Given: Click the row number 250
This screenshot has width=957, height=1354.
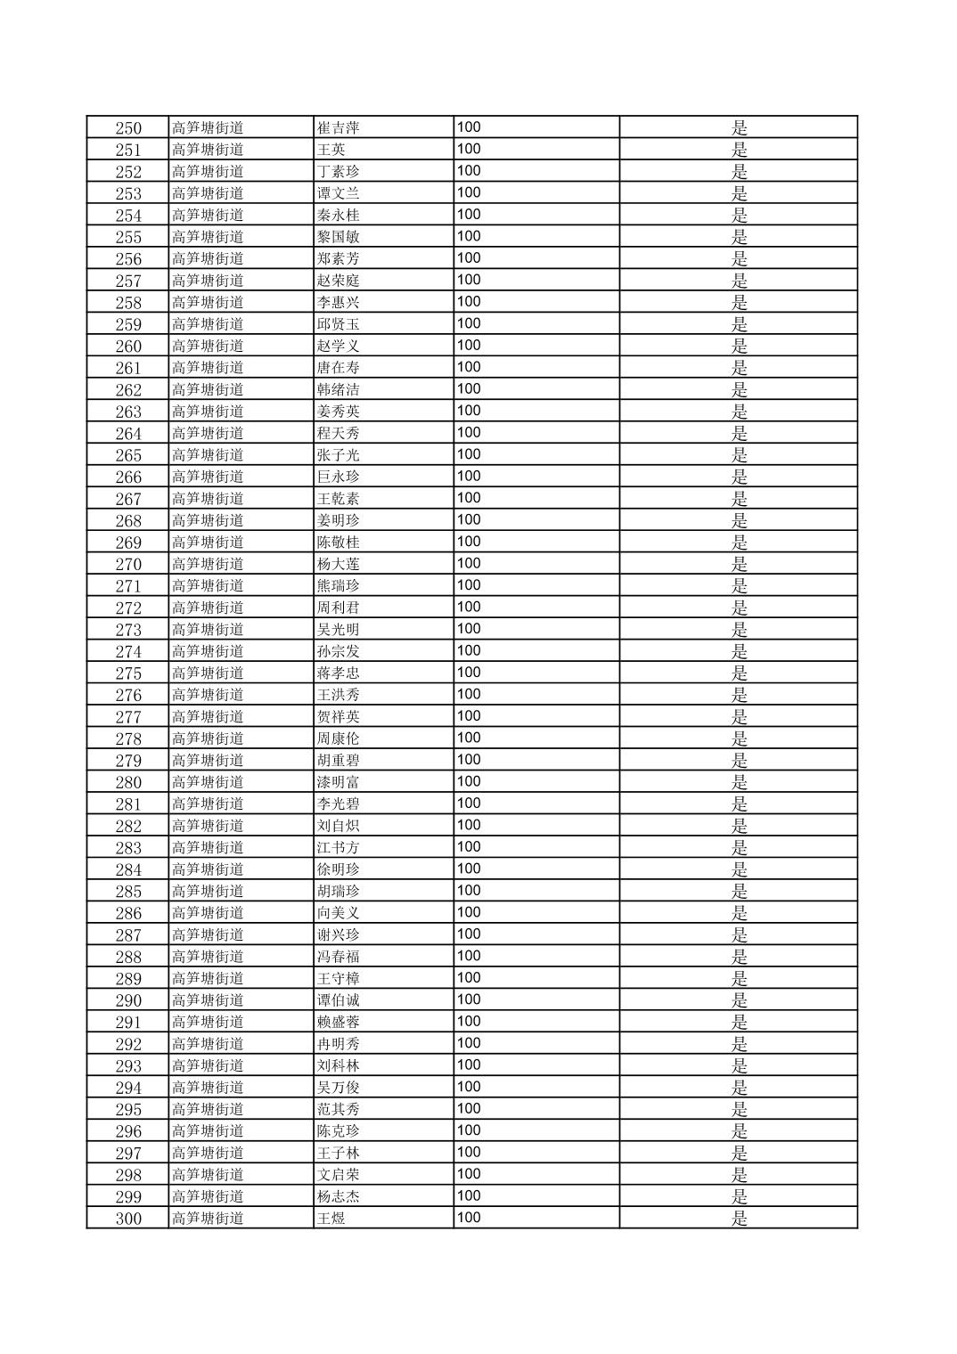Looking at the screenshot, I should tap(128, 127).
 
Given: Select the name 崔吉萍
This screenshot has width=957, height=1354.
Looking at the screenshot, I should tap(338, 127).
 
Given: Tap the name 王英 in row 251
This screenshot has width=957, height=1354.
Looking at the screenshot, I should tap(331, 150).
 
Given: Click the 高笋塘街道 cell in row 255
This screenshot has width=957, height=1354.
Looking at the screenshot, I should tap(208, 237).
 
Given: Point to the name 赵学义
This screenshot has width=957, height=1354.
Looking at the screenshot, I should tap(338, 346).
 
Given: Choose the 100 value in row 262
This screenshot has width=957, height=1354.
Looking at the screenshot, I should tap(469, 389).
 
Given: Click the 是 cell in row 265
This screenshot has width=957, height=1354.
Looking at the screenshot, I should tap(739, 455).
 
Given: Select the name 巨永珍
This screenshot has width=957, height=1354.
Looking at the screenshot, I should tap(338, 477).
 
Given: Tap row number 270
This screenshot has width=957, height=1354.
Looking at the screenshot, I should tap(128, 564).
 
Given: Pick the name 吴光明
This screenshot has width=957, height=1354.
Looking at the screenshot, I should tap(338, 630).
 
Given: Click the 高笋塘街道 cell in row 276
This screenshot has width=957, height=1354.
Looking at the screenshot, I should tap(208, 695).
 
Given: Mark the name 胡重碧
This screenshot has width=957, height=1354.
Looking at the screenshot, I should tap(338, 761).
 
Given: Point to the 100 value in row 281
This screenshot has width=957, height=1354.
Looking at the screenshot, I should tap(469, 803).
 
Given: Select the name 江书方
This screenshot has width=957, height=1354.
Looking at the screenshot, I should tap(338, 848).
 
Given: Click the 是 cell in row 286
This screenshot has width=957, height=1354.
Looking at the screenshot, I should tap(739, 913).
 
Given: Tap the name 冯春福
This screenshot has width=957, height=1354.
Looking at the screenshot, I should tap(338, 957).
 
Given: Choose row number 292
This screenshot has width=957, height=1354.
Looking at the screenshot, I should tap(128, 1044).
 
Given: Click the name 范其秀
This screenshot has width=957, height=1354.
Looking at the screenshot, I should tap(338, 1110).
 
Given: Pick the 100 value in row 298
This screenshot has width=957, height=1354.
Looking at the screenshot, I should tap(469, 1174).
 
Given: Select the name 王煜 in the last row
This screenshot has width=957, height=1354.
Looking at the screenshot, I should tap(331, 1219).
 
